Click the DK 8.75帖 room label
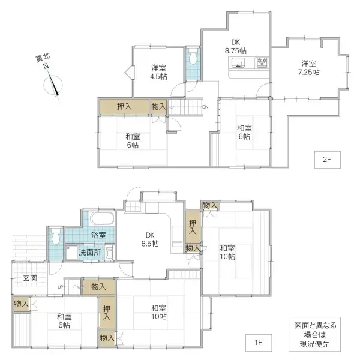point(235,46)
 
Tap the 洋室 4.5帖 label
point(159,71)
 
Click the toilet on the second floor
point(193,60)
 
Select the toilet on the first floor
point(55,236)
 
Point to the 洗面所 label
point(90,253)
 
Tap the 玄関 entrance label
point(31,278)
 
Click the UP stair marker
point(60,287)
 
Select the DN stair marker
point(205,107)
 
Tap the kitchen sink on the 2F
point(236,64)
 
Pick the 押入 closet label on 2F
point(124,106)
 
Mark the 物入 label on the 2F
point(159,106)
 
